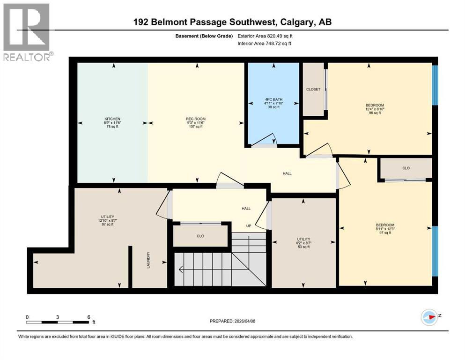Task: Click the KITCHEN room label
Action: [112, 119]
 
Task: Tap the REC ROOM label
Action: [196, 119]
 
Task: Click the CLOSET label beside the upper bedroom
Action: [313, 89]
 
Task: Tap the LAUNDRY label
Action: [149, 267]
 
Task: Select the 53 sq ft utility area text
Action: [303, 247]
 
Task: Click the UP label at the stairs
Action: [249, 225]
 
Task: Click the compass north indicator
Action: [429, 318]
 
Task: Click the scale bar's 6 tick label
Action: [89, 317]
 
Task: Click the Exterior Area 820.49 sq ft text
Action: [267, 36]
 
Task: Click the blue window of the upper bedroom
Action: [435, 84]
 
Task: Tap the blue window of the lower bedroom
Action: [435, 251]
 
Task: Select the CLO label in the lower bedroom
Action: [406, 168]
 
